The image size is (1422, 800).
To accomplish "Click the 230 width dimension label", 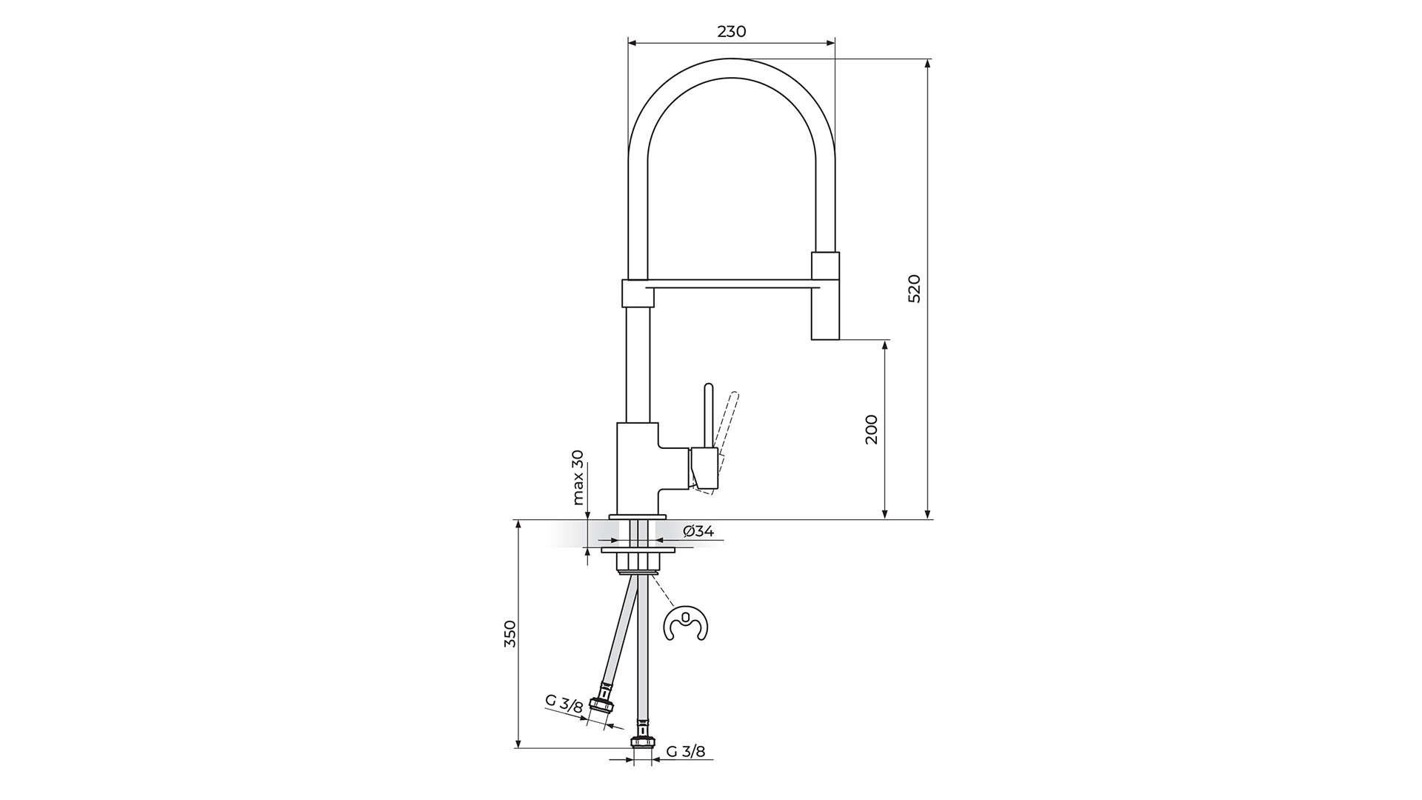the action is [731, 31].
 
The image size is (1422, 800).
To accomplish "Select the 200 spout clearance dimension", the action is [871, 429].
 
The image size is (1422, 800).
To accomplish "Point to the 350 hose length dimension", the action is [510, 633].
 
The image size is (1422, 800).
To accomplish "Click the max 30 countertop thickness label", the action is [578, 478].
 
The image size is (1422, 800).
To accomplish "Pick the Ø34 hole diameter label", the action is [698, 530].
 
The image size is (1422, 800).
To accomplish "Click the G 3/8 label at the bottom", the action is [686, 751].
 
